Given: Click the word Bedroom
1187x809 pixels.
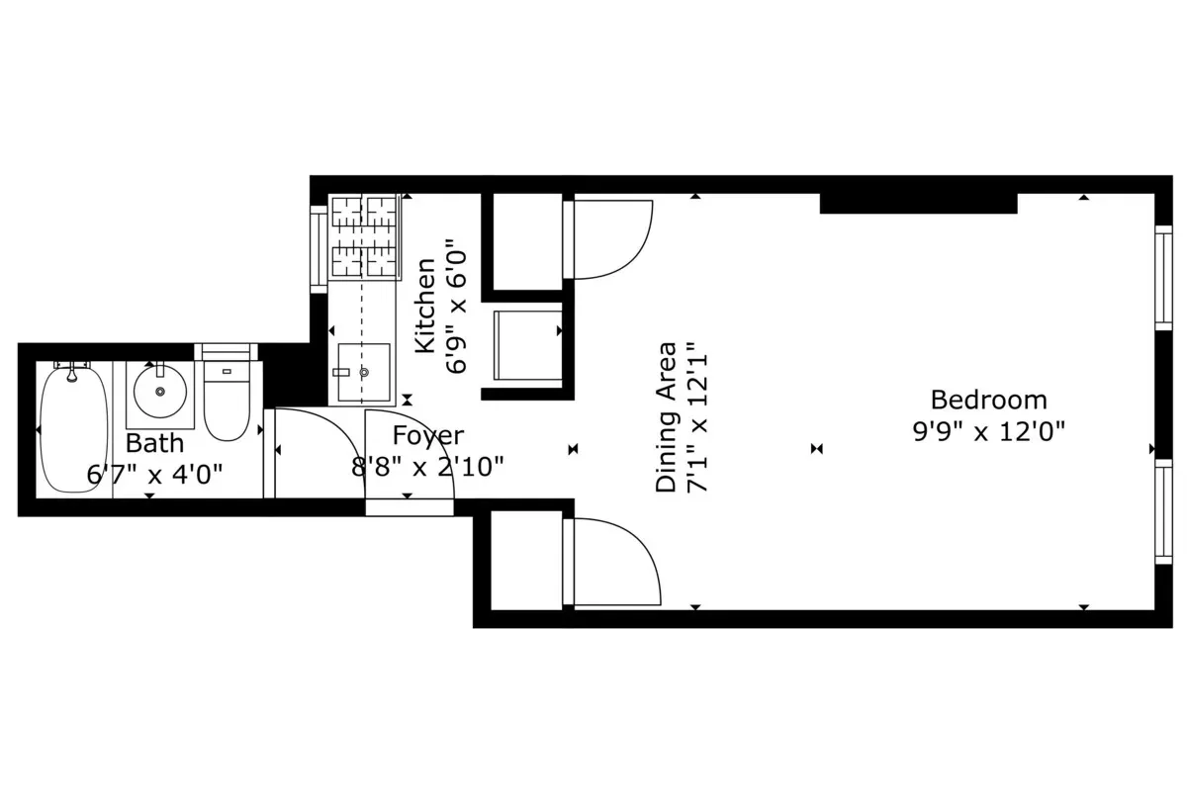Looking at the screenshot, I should click(x=988, y=401).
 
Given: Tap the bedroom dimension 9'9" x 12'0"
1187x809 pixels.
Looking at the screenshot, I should click(x=988, y=431).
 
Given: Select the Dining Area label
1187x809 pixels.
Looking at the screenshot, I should click(x=668, y=416).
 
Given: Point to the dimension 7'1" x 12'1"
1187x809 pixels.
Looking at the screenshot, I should click(x=698, y=416).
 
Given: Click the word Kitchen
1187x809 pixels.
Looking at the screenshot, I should click(x=425, y=306).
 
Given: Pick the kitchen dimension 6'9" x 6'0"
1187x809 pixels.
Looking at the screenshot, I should click(x=456, y=306).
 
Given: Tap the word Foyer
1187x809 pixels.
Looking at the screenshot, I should click(x=427, y=436).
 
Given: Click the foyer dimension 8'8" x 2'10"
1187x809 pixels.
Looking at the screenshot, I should click(x=427, y=466).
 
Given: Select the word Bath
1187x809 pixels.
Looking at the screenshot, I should click(x=154, y=443).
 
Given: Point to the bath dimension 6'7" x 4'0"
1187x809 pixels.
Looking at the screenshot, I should click(x=154, y=475).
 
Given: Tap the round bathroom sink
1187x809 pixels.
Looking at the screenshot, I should click(x=159, y=392).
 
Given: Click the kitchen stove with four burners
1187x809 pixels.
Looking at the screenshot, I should click(x=365, y=237).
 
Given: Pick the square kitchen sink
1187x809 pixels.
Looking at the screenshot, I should click(x=364, y=372).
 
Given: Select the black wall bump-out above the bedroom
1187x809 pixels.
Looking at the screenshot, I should click(x=918, y=203).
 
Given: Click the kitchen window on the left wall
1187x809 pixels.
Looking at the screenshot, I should click(x=319, y=248).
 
